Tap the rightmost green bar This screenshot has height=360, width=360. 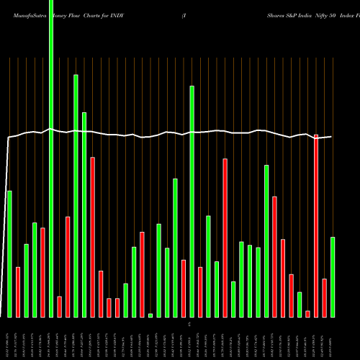(333, 276)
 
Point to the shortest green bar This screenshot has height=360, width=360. (150, 315)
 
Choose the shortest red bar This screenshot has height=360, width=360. (307, 313)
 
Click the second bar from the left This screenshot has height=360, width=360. (18, 292)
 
